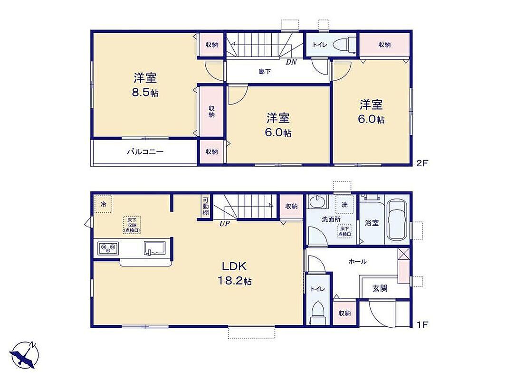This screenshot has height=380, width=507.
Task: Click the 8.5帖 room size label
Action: point(145,93)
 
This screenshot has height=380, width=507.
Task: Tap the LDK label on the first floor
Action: point(234,266)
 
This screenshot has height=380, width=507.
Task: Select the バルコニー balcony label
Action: point(145,152)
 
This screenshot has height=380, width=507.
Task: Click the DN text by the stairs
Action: point(291,62)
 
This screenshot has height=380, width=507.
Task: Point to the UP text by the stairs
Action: point(224,224)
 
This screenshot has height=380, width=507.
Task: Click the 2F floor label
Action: point(422,163)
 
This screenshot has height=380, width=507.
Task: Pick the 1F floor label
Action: point(422,324)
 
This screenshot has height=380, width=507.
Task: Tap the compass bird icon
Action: point(24,355)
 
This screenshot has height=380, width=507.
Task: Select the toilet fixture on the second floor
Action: point(345,45)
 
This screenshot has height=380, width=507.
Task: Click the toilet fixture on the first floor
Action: point(317,313)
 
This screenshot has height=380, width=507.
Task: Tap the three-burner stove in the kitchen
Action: point(108,248)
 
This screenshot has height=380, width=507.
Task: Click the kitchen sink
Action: point(154,248)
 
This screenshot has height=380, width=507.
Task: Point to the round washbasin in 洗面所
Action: point(317,202)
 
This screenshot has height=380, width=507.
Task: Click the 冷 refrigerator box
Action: point(104,204)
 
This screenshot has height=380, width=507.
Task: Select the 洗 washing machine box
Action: point(344,205)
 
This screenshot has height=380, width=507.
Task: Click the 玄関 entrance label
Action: point(380,288)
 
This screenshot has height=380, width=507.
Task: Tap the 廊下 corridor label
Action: point(265,71)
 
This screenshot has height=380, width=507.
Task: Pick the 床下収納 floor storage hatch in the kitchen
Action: point(132,225)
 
